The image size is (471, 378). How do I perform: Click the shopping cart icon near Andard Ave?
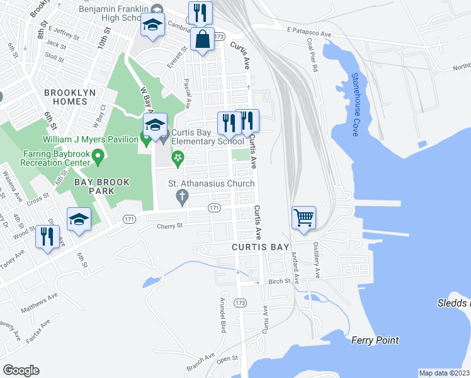coord(304,218)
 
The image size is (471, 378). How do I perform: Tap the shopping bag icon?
coord(203,39)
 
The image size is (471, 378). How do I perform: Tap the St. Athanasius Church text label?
coord(212,183)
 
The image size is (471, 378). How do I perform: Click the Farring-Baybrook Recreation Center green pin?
coord(98,154)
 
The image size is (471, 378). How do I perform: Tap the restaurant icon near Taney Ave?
coord(48,237)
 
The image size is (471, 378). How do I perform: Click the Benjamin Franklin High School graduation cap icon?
coord(152,26)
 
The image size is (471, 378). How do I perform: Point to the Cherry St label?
coord(169,226)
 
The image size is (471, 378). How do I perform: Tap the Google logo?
coord(21,370)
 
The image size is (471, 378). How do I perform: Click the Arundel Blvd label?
coord(222,315)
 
